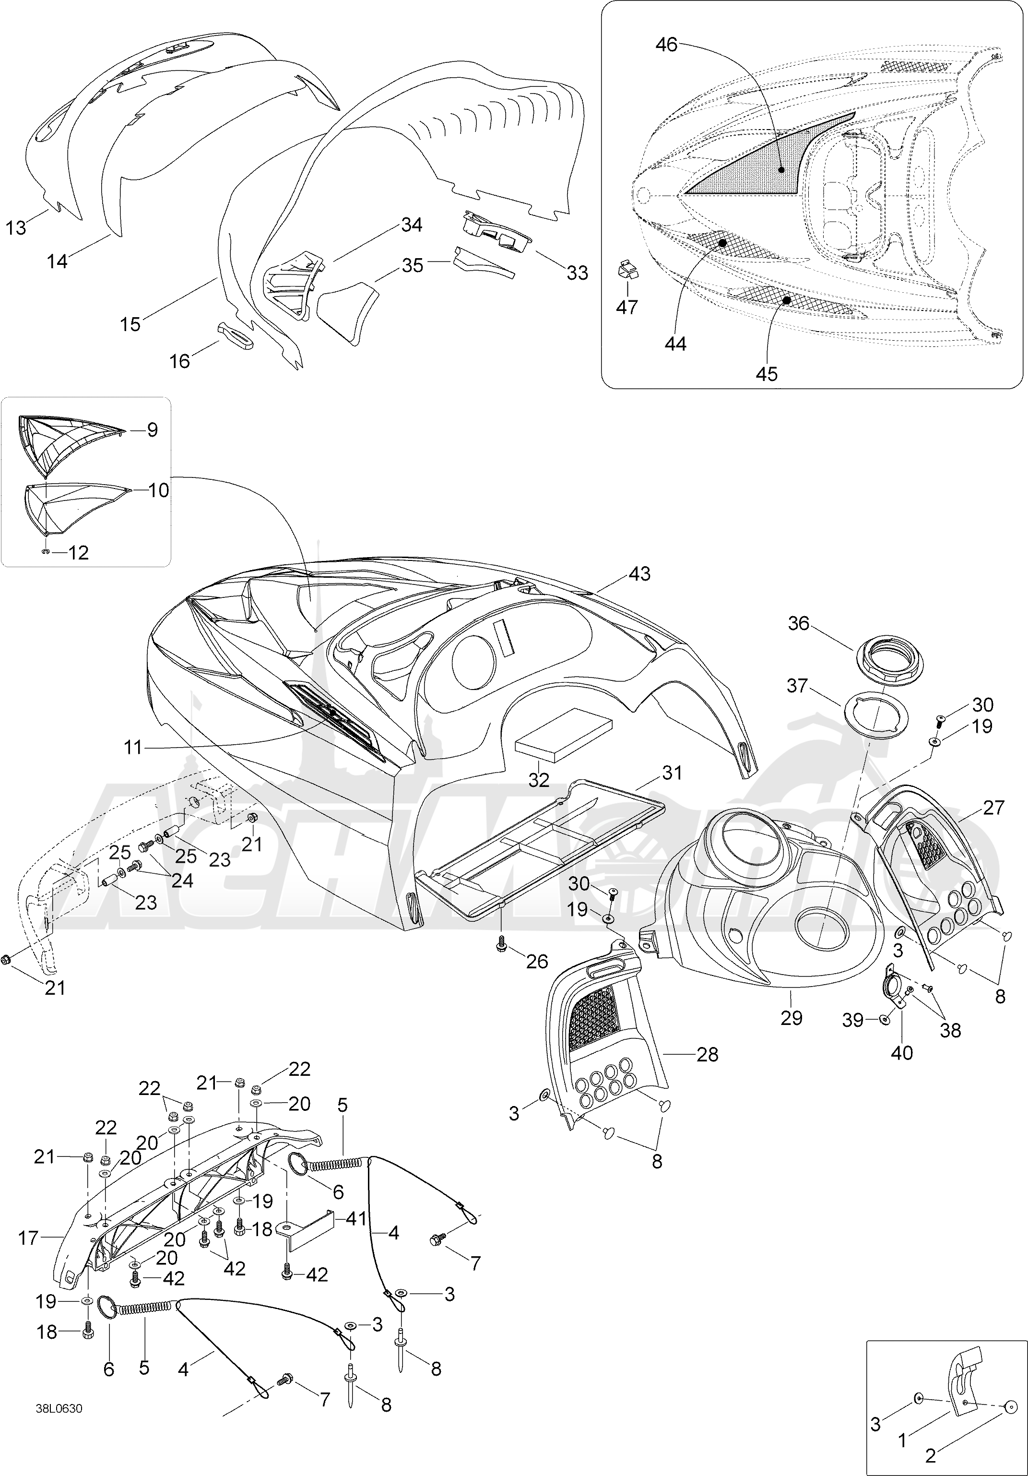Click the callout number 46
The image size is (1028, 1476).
coord(666,45)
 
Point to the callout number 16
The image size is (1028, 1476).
coord(180,361)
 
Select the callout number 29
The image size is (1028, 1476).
coord(792,1018)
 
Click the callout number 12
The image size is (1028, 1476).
coord(78,552)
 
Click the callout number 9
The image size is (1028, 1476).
coord(152,429)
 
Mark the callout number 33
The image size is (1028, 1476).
coord(577,273)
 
